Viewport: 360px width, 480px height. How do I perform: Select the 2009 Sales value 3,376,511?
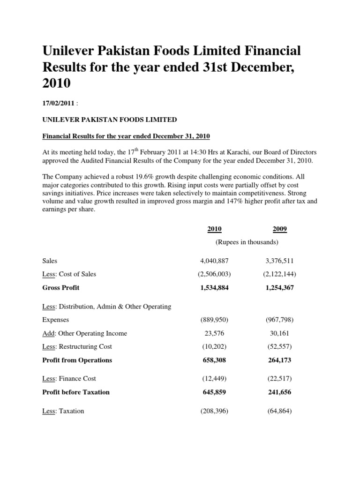(x=280, y=261)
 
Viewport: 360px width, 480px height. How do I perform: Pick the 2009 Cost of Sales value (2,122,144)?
(x=280, y=274)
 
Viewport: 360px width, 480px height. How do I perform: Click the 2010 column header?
(x=215, y=229)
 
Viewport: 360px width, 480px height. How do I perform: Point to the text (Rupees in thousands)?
(x=247, y=242)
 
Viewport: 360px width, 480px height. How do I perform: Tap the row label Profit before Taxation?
(x=75, y=392)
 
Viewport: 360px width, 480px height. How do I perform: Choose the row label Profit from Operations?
(x=77, y=360)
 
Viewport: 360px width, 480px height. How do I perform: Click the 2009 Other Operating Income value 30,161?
(x=280, y=334)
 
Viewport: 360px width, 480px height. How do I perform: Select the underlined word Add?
(x=48, y=334)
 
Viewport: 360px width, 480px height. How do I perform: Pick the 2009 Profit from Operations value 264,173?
(x=280, y=360)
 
